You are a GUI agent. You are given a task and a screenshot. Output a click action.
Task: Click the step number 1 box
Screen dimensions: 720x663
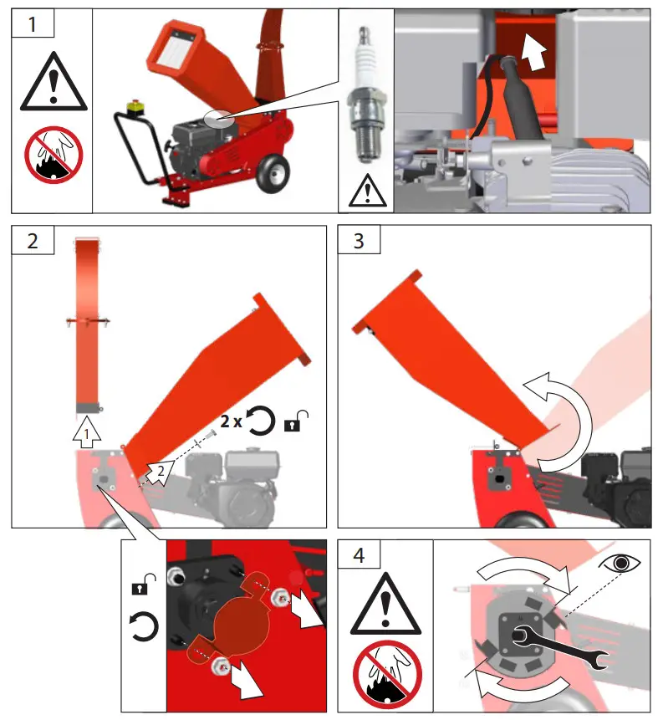[x=33, y=23]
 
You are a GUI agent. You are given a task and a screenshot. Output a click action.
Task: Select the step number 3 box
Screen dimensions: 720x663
[x=359, y=240]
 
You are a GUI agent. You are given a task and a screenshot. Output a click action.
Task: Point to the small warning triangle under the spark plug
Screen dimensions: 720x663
[x=365, y=191]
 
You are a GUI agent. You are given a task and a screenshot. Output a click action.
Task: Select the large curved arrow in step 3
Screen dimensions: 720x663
[x=557, y=423]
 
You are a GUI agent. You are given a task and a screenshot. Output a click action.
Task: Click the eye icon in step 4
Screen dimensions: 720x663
[x=620, y=563]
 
